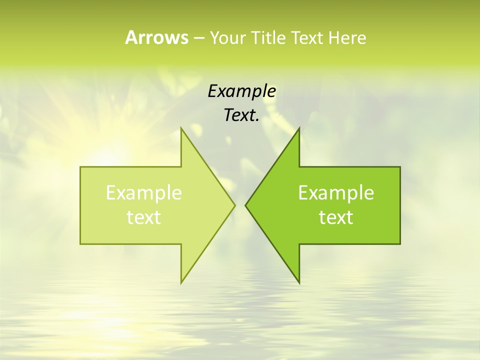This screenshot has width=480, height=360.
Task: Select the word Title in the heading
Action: click(x=268, y=37)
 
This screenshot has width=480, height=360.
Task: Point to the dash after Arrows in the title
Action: click(x=198, y=38)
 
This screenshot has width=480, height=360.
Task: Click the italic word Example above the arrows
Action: click(x=242, y=91)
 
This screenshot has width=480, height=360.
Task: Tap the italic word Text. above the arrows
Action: click(x=241, y=115)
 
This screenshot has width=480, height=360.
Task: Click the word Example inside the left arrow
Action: click(x=144, y=193)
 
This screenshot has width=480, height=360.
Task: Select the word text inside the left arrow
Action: click(x=144, y=217)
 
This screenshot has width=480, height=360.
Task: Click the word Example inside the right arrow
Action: click(x=336, y=193)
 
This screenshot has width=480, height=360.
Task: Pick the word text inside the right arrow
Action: click(x=336, y=217)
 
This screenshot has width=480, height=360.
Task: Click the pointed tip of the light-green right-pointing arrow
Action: click(x=235, y=205)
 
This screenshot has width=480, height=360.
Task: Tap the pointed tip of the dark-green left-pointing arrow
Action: click(x=245, y=205)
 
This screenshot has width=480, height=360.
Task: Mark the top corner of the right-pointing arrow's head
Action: click(x=181, y=128)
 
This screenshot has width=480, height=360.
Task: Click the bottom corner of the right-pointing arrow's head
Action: click(x=181, y=283)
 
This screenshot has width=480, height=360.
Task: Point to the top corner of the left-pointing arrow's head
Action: click(x=299, y=128)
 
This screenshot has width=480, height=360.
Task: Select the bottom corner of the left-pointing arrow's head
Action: click(x=299, y=283)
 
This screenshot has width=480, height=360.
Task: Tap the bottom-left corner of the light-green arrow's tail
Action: click(x=80, y=244)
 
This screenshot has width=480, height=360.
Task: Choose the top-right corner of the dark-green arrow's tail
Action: click(x=400, y=167)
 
